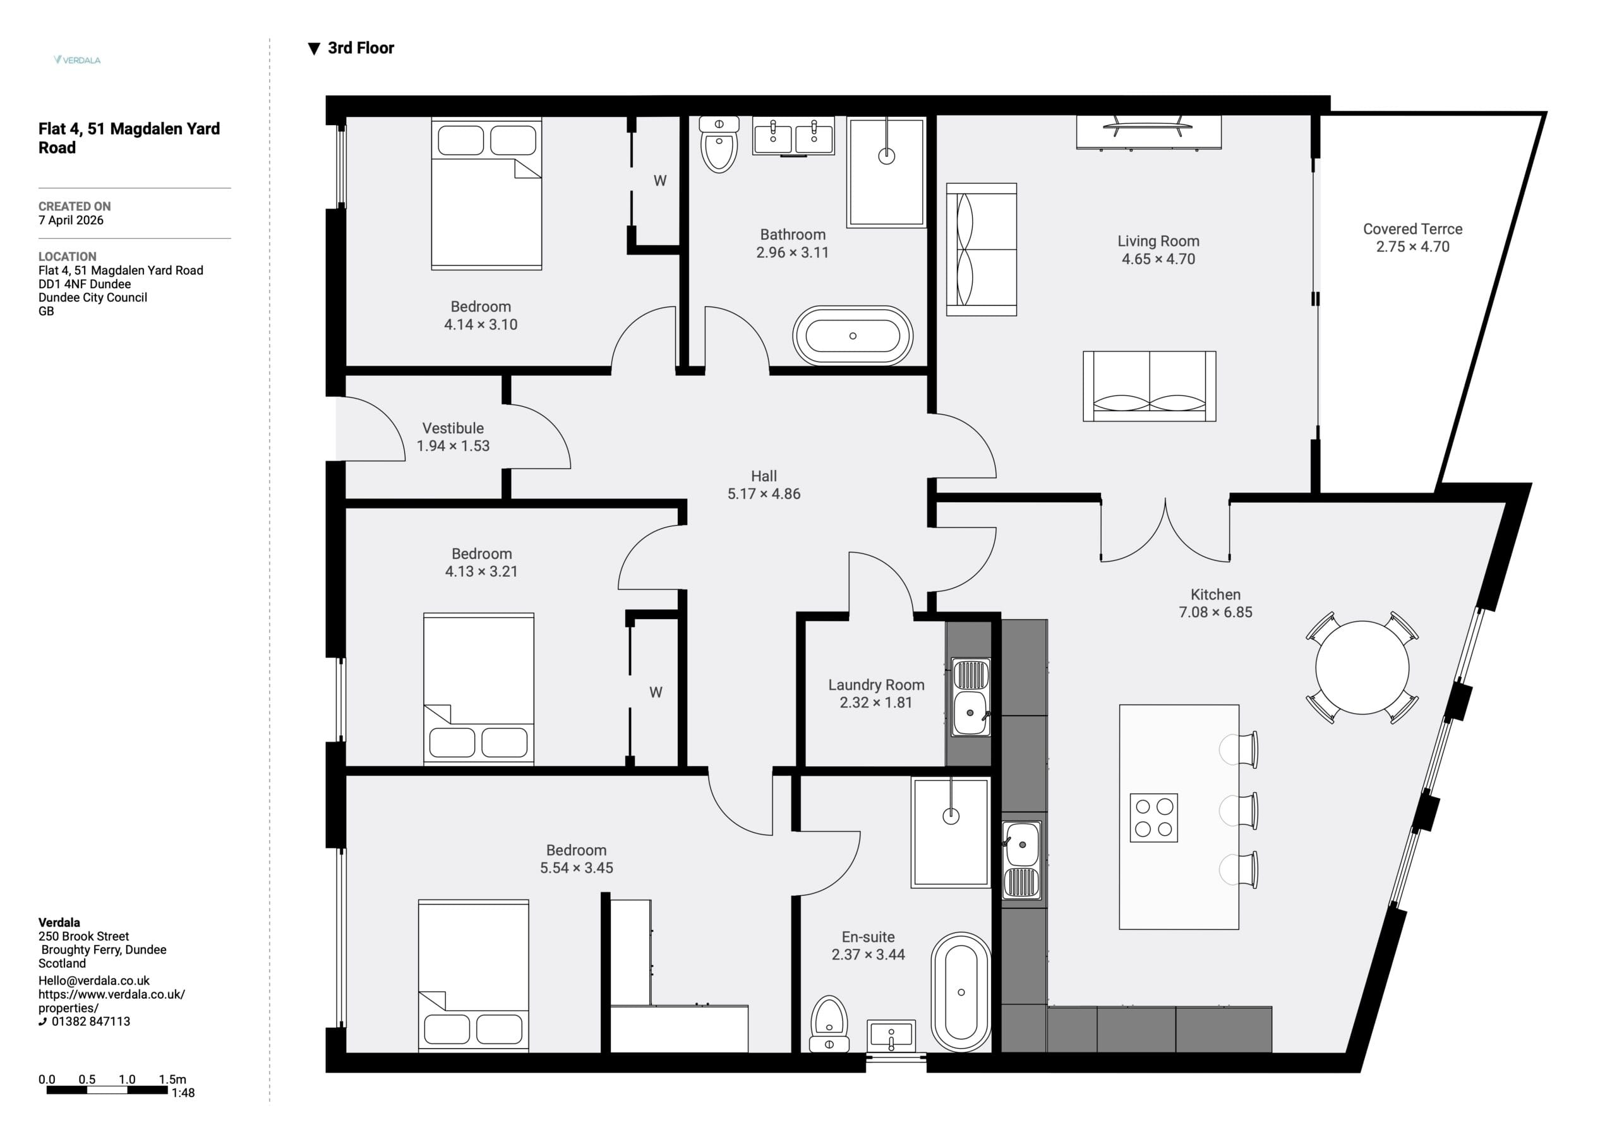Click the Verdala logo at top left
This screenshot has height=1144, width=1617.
tap(78, 60)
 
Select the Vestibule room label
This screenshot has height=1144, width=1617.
tap(453, 428)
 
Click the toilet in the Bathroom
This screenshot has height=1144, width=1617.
tap(719, 145)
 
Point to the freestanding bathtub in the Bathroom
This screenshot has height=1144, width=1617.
tap(853, 336)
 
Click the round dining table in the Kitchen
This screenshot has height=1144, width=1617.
tap(1362, 668)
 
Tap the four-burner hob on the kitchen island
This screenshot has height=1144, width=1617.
tap(1153, 818)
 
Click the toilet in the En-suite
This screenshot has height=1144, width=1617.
tap(829, 1024)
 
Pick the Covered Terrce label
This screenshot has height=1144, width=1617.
tap(1413, 229)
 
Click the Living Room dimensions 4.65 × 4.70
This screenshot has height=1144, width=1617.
tap(1158, 259)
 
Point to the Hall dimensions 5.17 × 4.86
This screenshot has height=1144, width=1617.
tap(764, 494)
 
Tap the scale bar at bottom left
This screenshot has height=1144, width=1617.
tap(107, 1090)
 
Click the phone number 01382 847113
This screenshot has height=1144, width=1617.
tap(91, 1021)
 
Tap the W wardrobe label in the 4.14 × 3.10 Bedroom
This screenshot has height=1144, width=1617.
tap(660, 181)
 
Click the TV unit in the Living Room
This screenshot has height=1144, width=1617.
tap(1149, 133)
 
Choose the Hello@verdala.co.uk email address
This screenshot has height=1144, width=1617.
tap(93, 980)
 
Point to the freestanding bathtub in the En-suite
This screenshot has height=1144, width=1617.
tap(961, 992)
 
